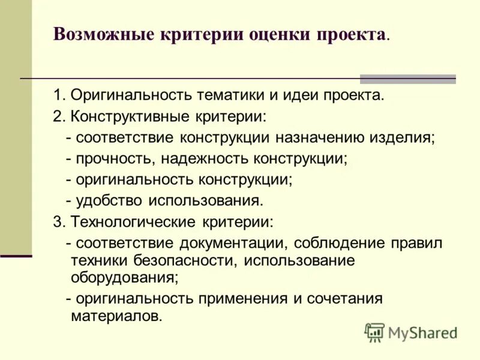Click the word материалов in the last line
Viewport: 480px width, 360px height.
pos(116,316)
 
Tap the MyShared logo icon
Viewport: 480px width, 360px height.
pos(375,332)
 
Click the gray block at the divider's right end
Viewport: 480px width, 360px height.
pos(407,79)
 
